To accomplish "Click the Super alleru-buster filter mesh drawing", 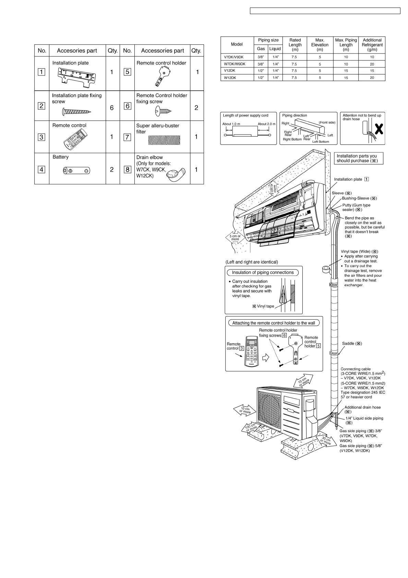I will (164, 140).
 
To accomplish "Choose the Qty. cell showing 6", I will (112, 108).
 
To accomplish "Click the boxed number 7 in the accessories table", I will (127, 137).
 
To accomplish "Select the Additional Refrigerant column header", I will (372, 45).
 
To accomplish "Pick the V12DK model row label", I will (229, 71).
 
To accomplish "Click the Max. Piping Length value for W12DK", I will (346, 78).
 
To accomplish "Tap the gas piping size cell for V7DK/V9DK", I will (261, 57).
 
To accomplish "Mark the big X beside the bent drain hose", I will (379, 129).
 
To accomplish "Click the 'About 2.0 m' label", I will (266, 124).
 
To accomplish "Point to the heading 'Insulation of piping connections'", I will (263, 273).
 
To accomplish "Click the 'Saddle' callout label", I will (352, 344).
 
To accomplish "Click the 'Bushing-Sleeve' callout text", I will (359, 198).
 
